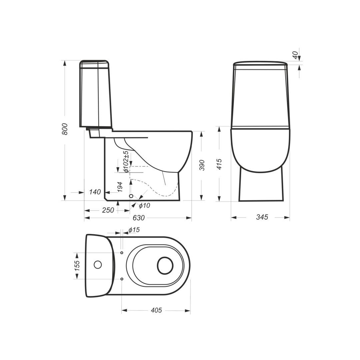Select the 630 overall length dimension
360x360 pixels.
139,218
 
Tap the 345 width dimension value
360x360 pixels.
262,217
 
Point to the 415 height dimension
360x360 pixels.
219,164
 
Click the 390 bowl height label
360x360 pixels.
202,165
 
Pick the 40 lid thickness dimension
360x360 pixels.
296,55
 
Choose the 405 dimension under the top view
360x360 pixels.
156,310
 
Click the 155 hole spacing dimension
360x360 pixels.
77,266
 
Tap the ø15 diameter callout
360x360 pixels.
134,230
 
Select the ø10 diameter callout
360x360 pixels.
144,206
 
